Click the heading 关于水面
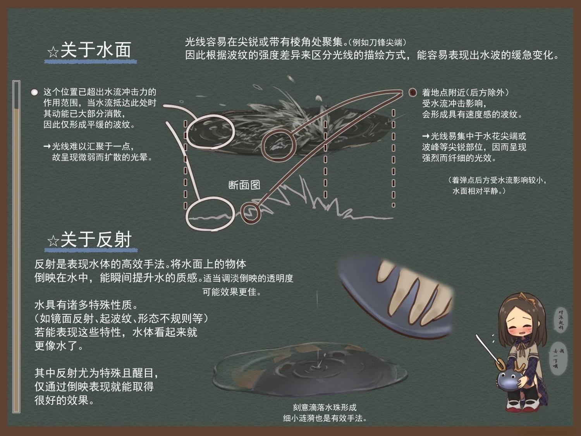coord(96,50)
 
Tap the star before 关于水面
coord(52,52)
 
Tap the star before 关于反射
coord(53,241)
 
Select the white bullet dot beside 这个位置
coord(34,92)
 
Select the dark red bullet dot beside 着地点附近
coord(413,92)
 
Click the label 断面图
coord(244,185)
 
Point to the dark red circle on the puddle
coord(278,145)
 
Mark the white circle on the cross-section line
coord(210,214)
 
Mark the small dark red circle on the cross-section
coord(251,212)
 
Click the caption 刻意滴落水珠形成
coord(324,407)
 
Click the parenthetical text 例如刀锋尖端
coord(377,42)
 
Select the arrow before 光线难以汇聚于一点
coord(47,146)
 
